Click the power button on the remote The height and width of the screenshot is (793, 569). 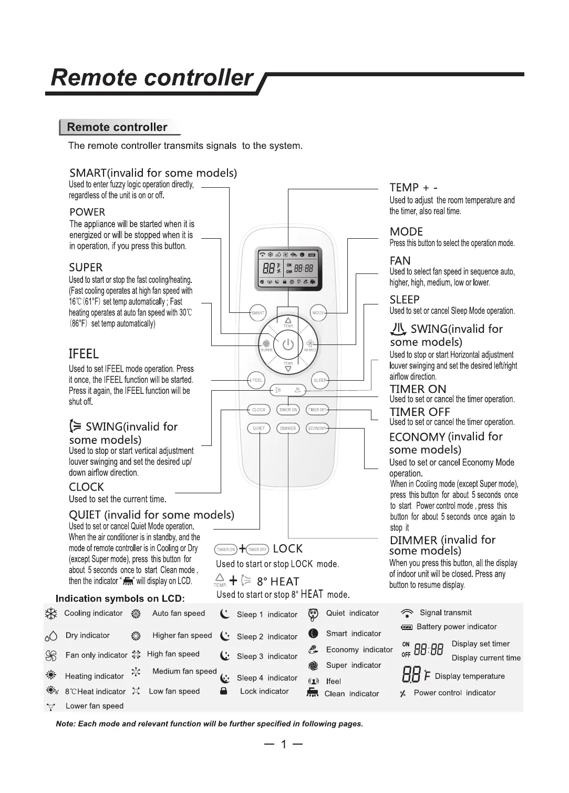click(x=288, y=344)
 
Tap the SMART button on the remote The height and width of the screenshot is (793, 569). click(x=257, y=313)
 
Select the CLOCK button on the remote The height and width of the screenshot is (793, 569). click(x=258, y=410)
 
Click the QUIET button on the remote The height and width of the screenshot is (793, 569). click(x=258, y=428)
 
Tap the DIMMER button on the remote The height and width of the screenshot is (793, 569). click(x=288, y=428)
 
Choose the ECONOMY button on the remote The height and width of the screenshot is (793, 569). click(x=317, y=428)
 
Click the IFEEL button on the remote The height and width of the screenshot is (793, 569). click(x=256, y=380)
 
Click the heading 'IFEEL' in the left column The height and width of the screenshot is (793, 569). click(x=84, y=354)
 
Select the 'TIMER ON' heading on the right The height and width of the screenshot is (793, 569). click(x=418, y=389)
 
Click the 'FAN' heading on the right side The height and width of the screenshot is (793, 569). click(x=400, y=261)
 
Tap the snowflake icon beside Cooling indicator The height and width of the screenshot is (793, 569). click(x=51, y=614)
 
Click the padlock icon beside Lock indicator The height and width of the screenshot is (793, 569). click(x=224, y=692)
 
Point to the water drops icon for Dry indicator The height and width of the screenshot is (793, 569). click(x=51, y=636)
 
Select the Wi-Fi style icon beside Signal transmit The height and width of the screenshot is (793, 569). click(x=407, y=613)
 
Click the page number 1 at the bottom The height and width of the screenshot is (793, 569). click(x=284, y=744)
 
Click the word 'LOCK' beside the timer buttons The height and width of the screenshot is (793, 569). click(x=288, y=549)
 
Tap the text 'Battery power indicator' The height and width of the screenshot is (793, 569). click(x=456, y=627)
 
